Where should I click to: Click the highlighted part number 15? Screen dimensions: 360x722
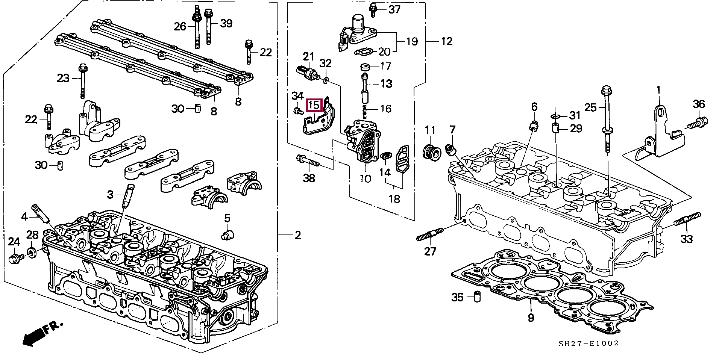314,106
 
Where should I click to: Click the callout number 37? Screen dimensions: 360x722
394,9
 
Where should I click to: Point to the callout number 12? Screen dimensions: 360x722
446,41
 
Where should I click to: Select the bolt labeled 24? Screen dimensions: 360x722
15,258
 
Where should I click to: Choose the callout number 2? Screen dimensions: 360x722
297,236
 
